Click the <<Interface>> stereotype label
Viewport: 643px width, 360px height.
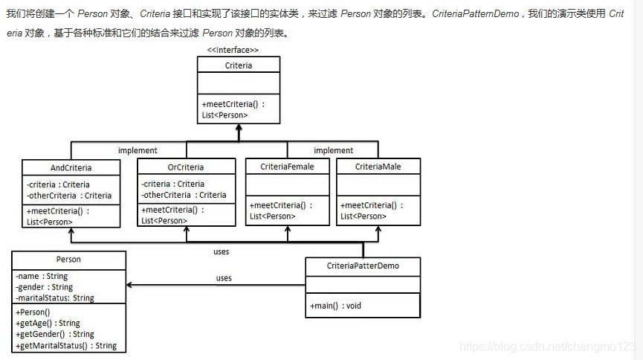click(233, 50)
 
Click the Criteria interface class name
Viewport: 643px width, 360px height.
click(238, 65)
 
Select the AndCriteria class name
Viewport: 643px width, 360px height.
click(71, 168)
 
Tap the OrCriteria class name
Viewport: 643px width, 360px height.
click(186, 167)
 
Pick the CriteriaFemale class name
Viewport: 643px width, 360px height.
click(287, 167)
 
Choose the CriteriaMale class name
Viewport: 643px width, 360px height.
click(378, 167)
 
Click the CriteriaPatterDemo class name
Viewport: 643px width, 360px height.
click(363, 266)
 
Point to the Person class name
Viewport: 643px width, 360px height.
click(68, 260)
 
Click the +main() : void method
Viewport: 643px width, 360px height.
click(336, 306)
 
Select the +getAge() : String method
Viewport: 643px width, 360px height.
click(48, 324)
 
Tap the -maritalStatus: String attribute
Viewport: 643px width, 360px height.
click(55, 298)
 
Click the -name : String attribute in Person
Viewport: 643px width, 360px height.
click(42, 277)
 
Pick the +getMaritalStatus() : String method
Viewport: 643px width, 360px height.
click(66, 345)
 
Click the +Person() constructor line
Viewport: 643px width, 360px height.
click(33, 312)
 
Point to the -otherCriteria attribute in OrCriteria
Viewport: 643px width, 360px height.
click(184, 195)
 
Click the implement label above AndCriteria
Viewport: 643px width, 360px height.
click(138, 150)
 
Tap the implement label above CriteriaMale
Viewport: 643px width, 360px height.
click(334, 150)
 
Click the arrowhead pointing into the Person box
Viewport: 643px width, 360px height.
click(130, 285)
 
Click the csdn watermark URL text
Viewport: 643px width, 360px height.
click(547, 347)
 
